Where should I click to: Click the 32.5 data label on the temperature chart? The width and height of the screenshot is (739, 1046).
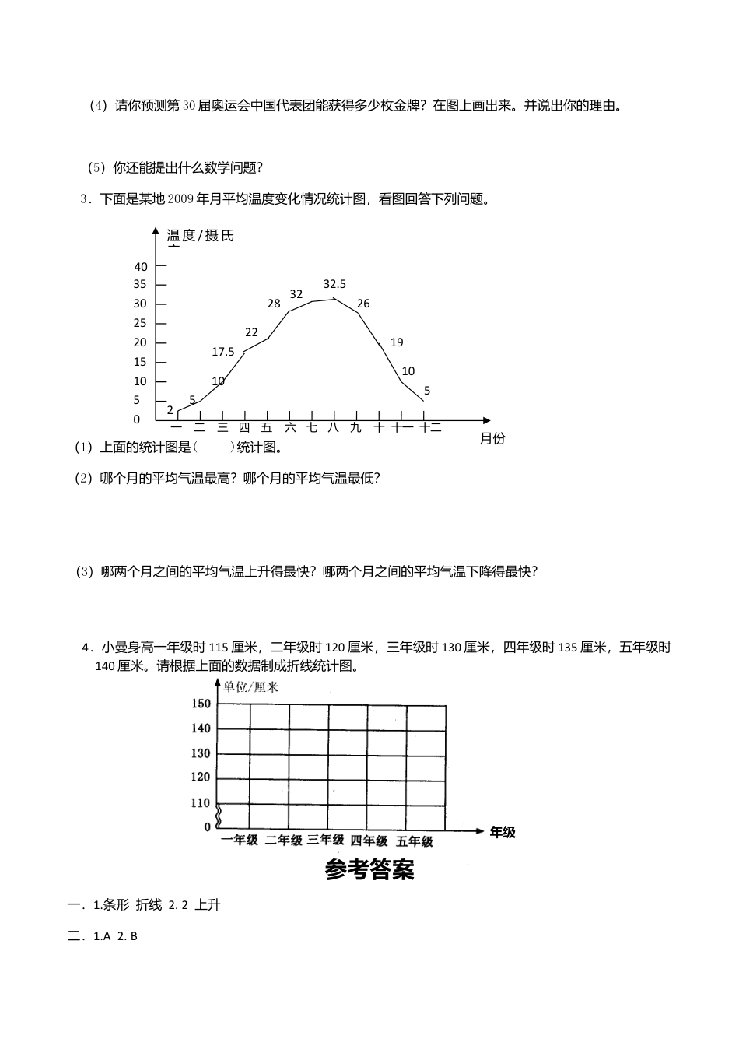[334, 284]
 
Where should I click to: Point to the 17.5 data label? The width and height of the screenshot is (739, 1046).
[223, 352]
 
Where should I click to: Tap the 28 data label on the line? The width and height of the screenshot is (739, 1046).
[274, 304]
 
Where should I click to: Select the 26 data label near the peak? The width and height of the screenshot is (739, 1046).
[363, 304]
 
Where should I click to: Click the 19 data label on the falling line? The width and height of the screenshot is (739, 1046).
[397, 342]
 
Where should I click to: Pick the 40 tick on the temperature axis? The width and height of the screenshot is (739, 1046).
[140, 265]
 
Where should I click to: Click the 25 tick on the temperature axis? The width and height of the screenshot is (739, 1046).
[140, 323]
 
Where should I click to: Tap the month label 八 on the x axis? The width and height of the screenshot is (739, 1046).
[334, 427]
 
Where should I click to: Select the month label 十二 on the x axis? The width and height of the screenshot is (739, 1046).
[430, 427]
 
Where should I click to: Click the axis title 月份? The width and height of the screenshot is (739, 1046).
[492, 439]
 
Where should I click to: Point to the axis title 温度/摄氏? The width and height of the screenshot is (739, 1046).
[200, 235]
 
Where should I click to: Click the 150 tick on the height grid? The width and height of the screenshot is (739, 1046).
[201, 704]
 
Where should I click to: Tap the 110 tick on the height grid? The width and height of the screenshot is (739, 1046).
[201, 802]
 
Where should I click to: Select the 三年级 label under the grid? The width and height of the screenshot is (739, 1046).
[325, 840]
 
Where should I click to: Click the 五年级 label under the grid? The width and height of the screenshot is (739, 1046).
[414, 841]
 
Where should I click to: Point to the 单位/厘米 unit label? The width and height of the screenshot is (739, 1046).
[250, 686]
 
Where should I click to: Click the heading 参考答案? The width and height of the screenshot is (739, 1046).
[369, 870]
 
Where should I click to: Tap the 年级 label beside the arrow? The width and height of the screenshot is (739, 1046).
[502, 832]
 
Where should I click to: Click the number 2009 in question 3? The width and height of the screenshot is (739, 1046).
[181, 199]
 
